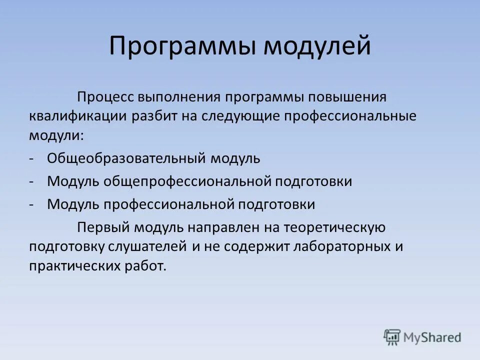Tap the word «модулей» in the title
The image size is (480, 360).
point(316,46)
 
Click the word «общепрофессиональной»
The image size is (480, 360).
point(187,181)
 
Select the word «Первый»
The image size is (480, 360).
point(103,228)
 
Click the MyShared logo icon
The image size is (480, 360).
point(392,336)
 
